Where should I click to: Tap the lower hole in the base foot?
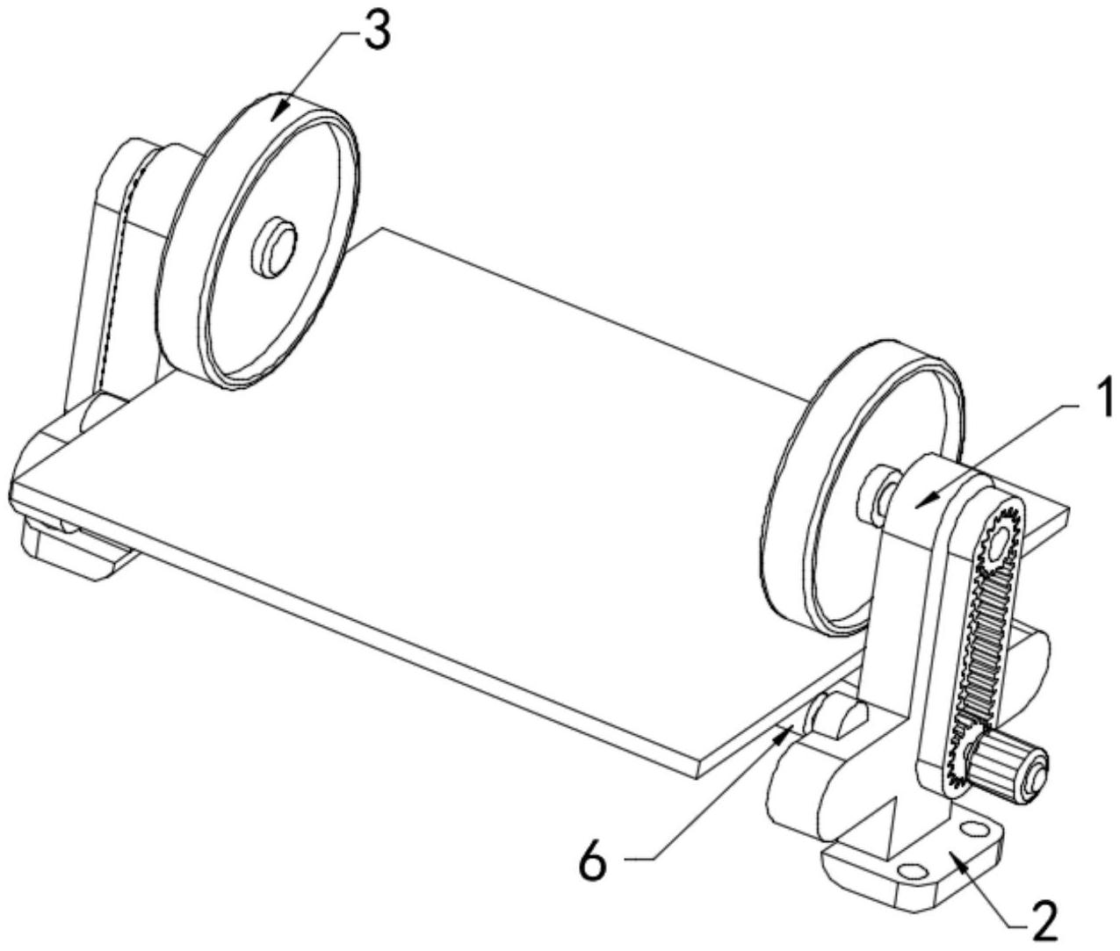pos(912,887)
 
